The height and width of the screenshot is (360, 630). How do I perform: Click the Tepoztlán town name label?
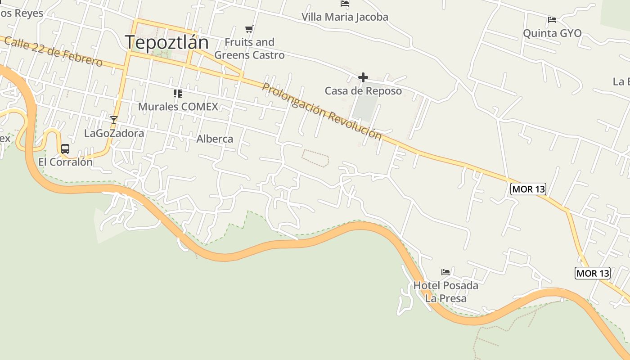[x=166, y=42]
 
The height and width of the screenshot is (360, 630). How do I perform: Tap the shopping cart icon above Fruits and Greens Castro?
[x=249, y=29]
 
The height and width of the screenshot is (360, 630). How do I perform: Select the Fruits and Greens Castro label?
[x=249, y=49]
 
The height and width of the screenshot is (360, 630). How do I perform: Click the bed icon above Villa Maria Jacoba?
[x=345, y=4]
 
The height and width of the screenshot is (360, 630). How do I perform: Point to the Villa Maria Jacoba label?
[x=345, y=17]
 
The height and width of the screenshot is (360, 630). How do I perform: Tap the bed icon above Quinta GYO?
[x=552, y=20]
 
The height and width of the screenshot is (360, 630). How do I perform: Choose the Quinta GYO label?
[x=552, y=33]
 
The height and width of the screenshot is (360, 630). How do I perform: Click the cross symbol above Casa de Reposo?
[x=363, y=78]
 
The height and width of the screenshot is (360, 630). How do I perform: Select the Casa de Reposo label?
[x=363, y=91]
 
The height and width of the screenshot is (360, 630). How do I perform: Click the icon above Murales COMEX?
[x=178, y=94]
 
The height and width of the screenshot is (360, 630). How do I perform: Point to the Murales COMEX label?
[x=178, y=107]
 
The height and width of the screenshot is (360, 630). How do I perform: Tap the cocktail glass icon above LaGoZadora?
[x=114, y=120]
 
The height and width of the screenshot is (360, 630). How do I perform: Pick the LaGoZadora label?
[x=114, y=133]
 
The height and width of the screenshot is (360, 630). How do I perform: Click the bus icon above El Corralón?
[x=65, y=148]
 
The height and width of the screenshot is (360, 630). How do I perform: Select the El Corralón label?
[x=65, y=162]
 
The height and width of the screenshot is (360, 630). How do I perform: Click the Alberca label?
[x=215, y=139]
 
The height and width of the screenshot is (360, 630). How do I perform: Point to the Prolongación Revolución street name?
[x=321, y=111]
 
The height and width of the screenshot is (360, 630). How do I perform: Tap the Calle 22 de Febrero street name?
[x=54, y=52]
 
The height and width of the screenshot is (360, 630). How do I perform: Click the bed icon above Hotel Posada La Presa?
[x=445, y=272]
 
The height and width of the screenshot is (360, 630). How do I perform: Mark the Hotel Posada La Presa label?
[x=445, y=292]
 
